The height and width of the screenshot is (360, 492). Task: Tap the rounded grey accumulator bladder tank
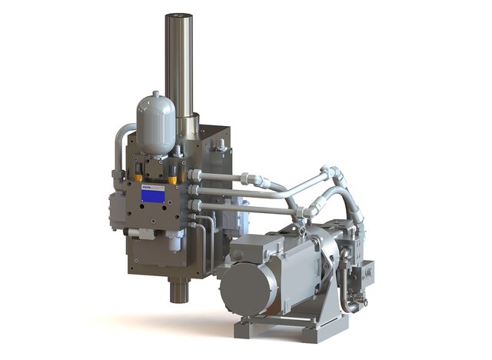pos(156,122)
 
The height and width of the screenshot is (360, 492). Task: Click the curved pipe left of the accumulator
pos(120,146)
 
